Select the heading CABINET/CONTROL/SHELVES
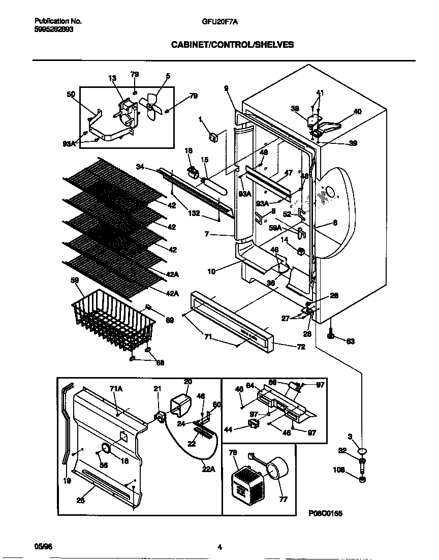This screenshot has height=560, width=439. click(232, 45)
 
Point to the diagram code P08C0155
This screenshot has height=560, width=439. click(325, 514)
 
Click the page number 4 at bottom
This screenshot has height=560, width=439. click(219, 547)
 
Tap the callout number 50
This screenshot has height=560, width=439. click(71, 94)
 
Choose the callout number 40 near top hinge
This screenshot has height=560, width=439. click(357, 111)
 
